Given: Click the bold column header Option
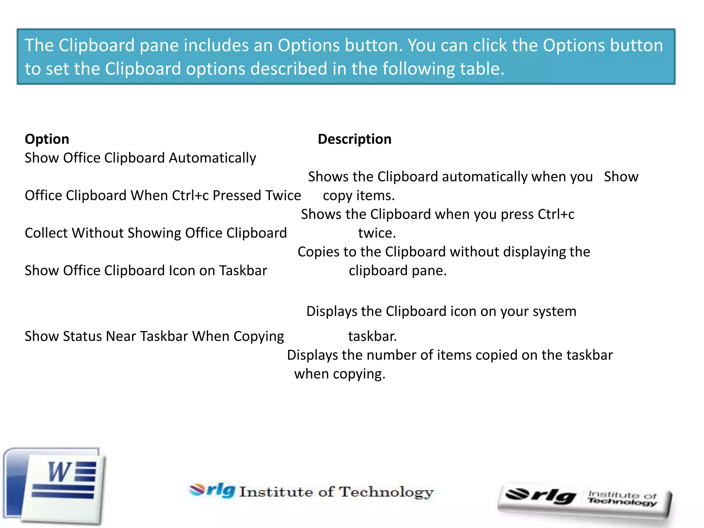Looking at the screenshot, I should [x=47, y=139].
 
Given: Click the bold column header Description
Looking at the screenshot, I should [x=354, y=139].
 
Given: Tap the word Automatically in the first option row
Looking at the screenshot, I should [x=212, y=158].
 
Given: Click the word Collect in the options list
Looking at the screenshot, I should [x=46, y=233].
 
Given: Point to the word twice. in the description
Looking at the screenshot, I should [x=377, y=233].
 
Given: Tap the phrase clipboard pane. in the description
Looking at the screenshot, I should [x=397, y=271].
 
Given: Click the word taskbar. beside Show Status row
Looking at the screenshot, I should [x=372, y=337].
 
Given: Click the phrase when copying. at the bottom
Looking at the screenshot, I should [x=340, y=374].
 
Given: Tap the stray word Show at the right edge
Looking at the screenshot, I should [x=621, y=177].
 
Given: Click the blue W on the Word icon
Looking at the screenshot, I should [x=59, y=472].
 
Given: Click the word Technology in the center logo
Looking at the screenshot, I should [x=386, y=492].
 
